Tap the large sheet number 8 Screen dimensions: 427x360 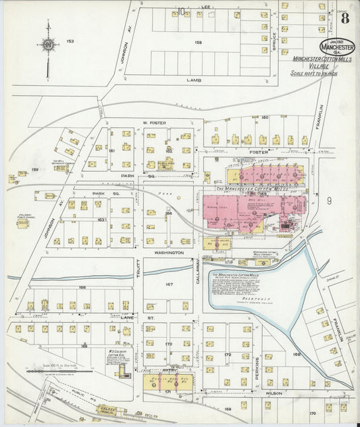click(345, 18)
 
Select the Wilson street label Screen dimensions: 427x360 click(274, 393)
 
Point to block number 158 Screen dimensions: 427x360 click(198, 43)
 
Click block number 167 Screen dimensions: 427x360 click(168, 284)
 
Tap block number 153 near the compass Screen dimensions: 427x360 click(69, 42)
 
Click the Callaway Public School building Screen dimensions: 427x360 click(23, 223)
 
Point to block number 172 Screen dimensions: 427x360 click(228, 355)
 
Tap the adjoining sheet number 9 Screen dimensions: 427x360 click(330, 201)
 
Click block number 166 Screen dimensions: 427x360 click(82, 288)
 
